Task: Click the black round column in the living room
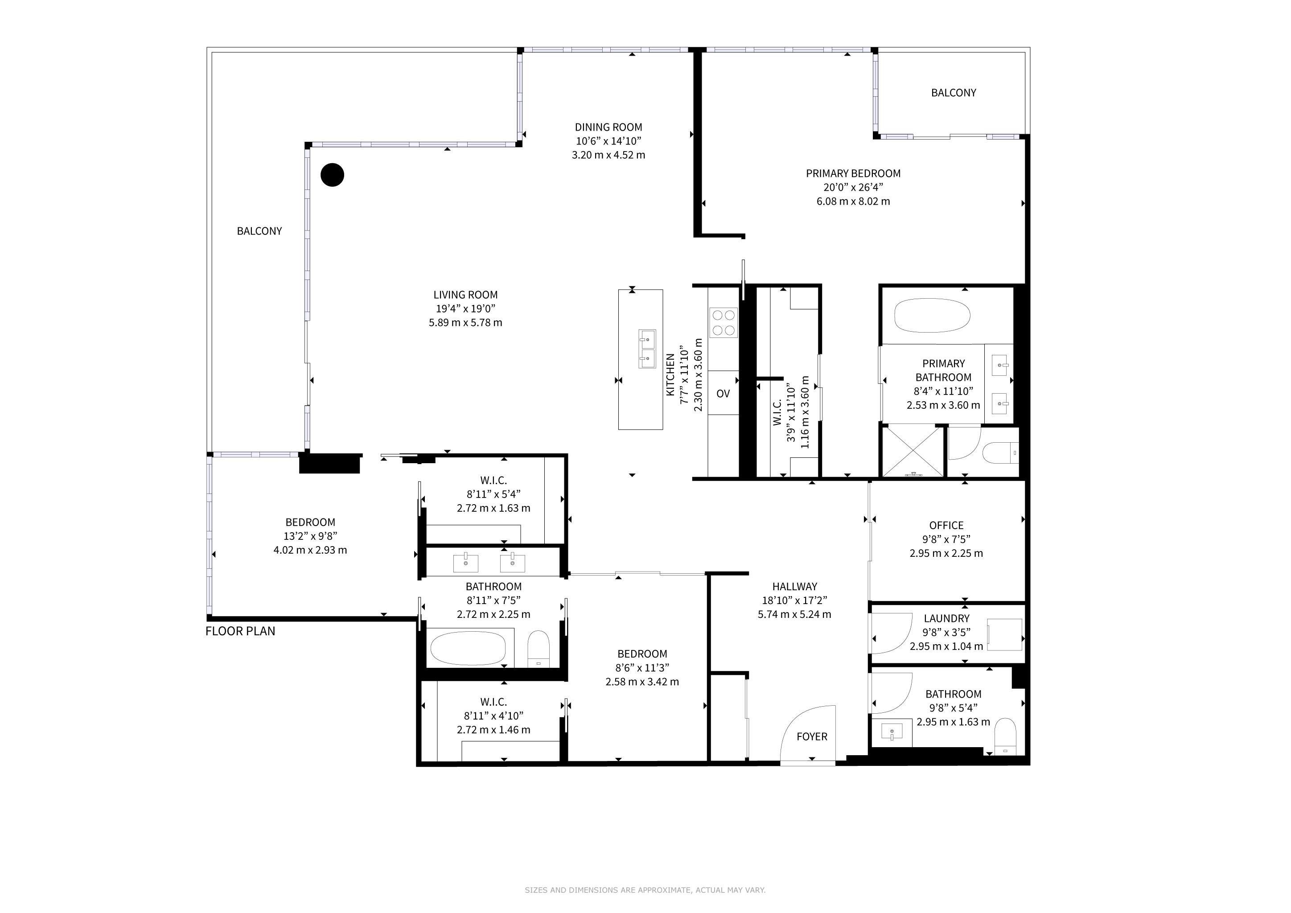(332, 175)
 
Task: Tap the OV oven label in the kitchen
(723, 394)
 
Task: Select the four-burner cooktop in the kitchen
(724, 322)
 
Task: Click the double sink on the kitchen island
(647, 349)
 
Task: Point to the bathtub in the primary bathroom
(932, 316)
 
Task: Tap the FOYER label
(812, 736)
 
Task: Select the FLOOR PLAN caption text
(240, 631)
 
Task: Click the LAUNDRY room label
(946, 618)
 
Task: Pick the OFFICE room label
(946, 525)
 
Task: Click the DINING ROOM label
(608, 127)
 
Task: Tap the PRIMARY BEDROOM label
(853, 173)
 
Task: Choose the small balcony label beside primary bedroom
(954, 93)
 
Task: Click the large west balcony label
(259, 231)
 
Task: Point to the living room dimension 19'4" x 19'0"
(465, 308)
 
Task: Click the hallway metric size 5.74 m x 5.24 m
(794, 614)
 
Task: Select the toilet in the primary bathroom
(1001, 452)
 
